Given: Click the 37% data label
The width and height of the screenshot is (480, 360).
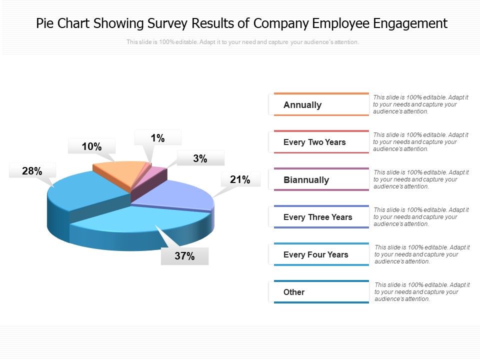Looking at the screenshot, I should tap(184, 256).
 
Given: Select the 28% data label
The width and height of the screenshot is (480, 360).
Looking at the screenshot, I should tap(32, 171).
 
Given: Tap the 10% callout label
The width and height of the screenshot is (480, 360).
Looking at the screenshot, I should tap(92, 146).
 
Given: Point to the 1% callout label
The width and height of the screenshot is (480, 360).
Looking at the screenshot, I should tap(158, 138).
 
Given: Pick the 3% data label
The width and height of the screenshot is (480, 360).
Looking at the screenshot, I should tap(200, 159).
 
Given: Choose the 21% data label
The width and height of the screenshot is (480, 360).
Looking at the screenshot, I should tap(240, 179).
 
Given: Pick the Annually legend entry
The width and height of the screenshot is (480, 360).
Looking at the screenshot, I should tap(302, 105).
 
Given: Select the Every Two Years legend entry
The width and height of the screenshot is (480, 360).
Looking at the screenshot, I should tap(314, 142).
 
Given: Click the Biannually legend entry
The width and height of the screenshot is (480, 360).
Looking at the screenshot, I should tap(306, 180).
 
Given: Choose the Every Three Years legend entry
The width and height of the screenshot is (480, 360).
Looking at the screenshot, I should tap(317, 217).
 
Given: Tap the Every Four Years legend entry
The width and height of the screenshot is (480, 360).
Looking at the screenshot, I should tap(315, 255).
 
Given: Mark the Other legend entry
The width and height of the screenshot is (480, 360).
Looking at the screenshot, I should tap(294, 292).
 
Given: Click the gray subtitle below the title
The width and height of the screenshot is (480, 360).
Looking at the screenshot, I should tap(242, 42).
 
